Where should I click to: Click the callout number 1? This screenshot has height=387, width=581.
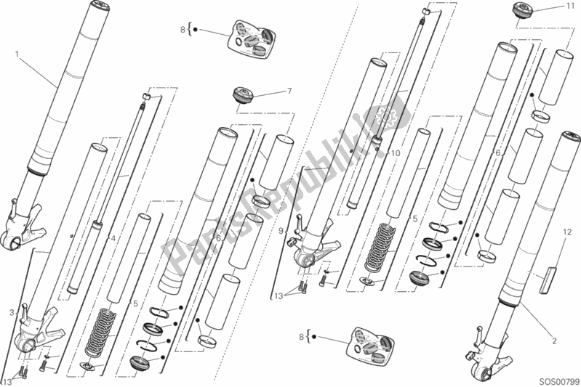[x=17, y=54]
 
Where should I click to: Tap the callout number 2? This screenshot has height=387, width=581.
[x=554, y=341]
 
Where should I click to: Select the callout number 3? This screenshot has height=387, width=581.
[x=12, y=313]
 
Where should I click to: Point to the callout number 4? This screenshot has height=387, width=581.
[x=113, y=239]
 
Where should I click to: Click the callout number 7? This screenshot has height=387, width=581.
[x=289, y=91]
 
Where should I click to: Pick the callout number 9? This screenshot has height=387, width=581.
[x=281, y=231]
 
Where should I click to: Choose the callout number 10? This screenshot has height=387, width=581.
[x=396, y=152]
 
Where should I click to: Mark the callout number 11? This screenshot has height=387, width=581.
[x=569, y=7]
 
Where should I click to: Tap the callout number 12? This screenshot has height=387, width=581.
[x=567, y=232]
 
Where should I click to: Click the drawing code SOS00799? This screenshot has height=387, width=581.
[x=558, y=380]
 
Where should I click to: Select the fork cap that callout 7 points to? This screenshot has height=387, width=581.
[x=243, y=94]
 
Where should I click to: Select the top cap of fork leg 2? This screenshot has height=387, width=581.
[x=571, y=136]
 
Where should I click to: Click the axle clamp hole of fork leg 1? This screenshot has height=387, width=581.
[x=14, y=243]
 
